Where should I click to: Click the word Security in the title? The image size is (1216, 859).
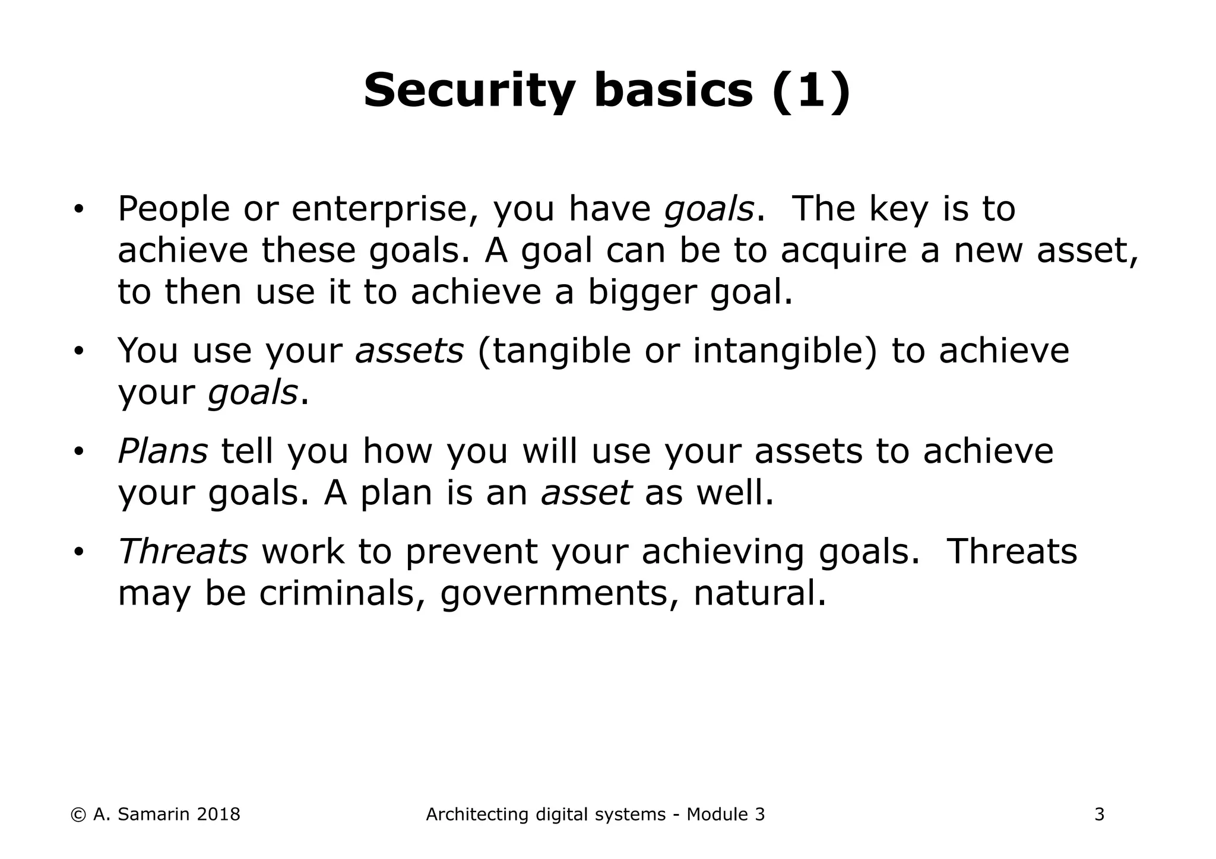(x=468, y=91)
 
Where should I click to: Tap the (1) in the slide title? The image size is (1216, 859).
(x=811, y=91)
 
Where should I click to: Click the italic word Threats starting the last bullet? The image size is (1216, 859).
(x=183, y=551)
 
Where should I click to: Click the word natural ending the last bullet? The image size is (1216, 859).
(x=759, y=593)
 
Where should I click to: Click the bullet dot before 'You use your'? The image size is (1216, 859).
(x=78, y=352)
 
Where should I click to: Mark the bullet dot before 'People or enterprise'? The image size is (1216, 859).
(x=78, y=210)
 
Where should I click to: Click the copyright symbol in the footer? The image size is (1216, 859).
(x=78, y=815)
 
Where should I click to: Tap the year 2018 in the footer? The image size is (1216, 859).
(x=218, y=815)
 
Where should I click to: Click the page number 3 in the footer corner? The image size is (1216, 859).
(x=1099, y=815)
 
